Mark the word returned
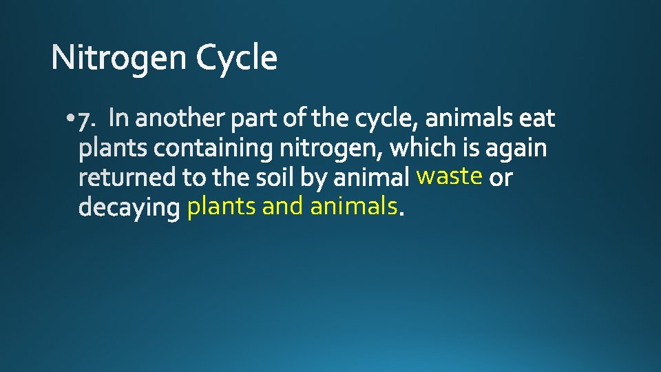129,178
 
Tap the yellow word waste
449,177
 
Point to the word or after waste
501,178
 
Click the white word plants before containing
114,149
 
